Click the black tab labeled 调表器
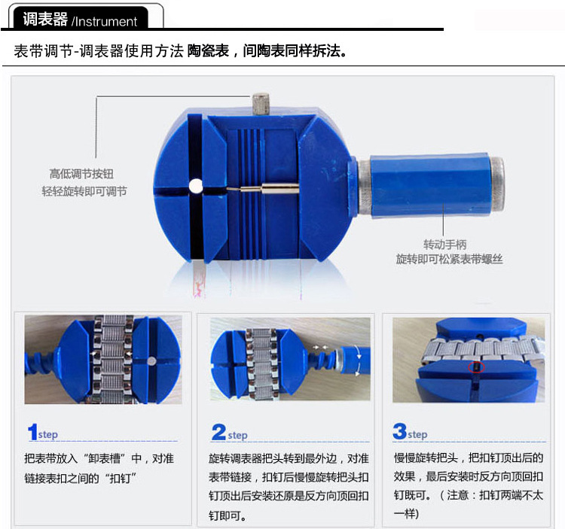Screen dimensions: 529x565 (45, 19)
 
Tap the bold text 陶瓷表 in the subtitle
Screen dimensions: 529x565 (209, 52)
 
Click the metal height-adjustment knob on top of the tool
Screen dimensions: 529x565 (262, 103)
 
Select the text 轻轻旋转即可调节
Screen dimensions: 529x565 (84, 191)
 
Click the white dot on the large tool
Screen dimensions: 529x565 (196, 185)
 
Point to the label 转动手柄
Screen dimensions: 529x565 (445, 244)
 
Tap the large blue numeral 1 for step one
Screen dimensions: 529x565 (32, 433)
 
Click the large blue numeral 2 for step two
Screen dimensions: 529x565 (218, 433)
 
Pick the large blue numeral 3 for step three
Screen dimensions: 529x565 (399, 432)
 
